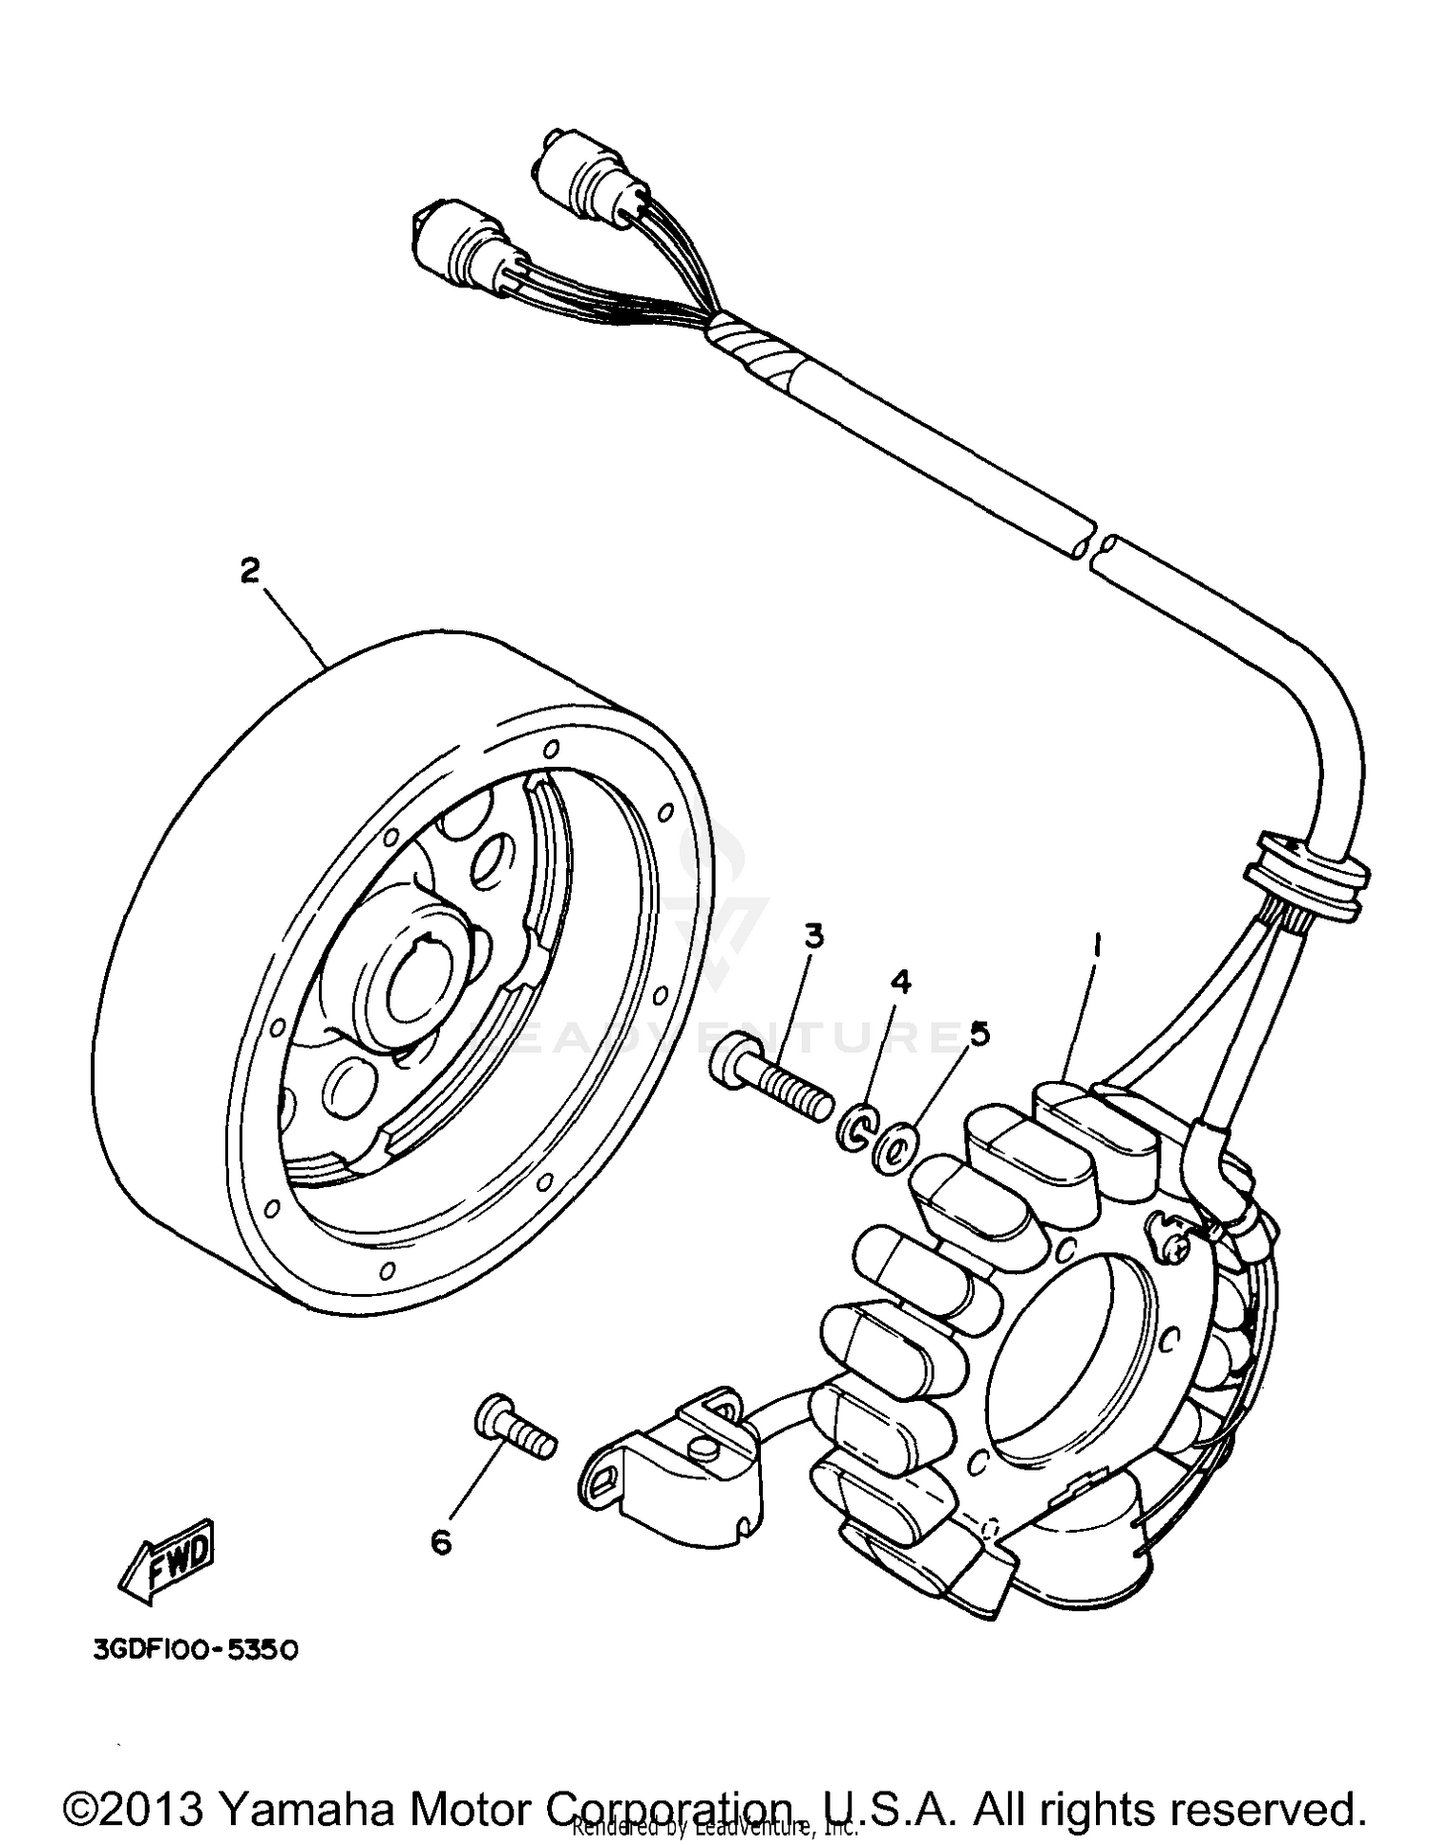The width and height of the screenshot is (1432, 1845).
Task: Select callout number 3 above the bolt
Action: [813, 937]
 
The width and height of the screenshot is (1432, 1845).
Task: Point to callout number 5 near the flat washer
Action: [979, 1033]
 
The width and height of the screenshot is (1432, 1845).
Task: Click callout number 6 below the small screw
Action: [441, 1541]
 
